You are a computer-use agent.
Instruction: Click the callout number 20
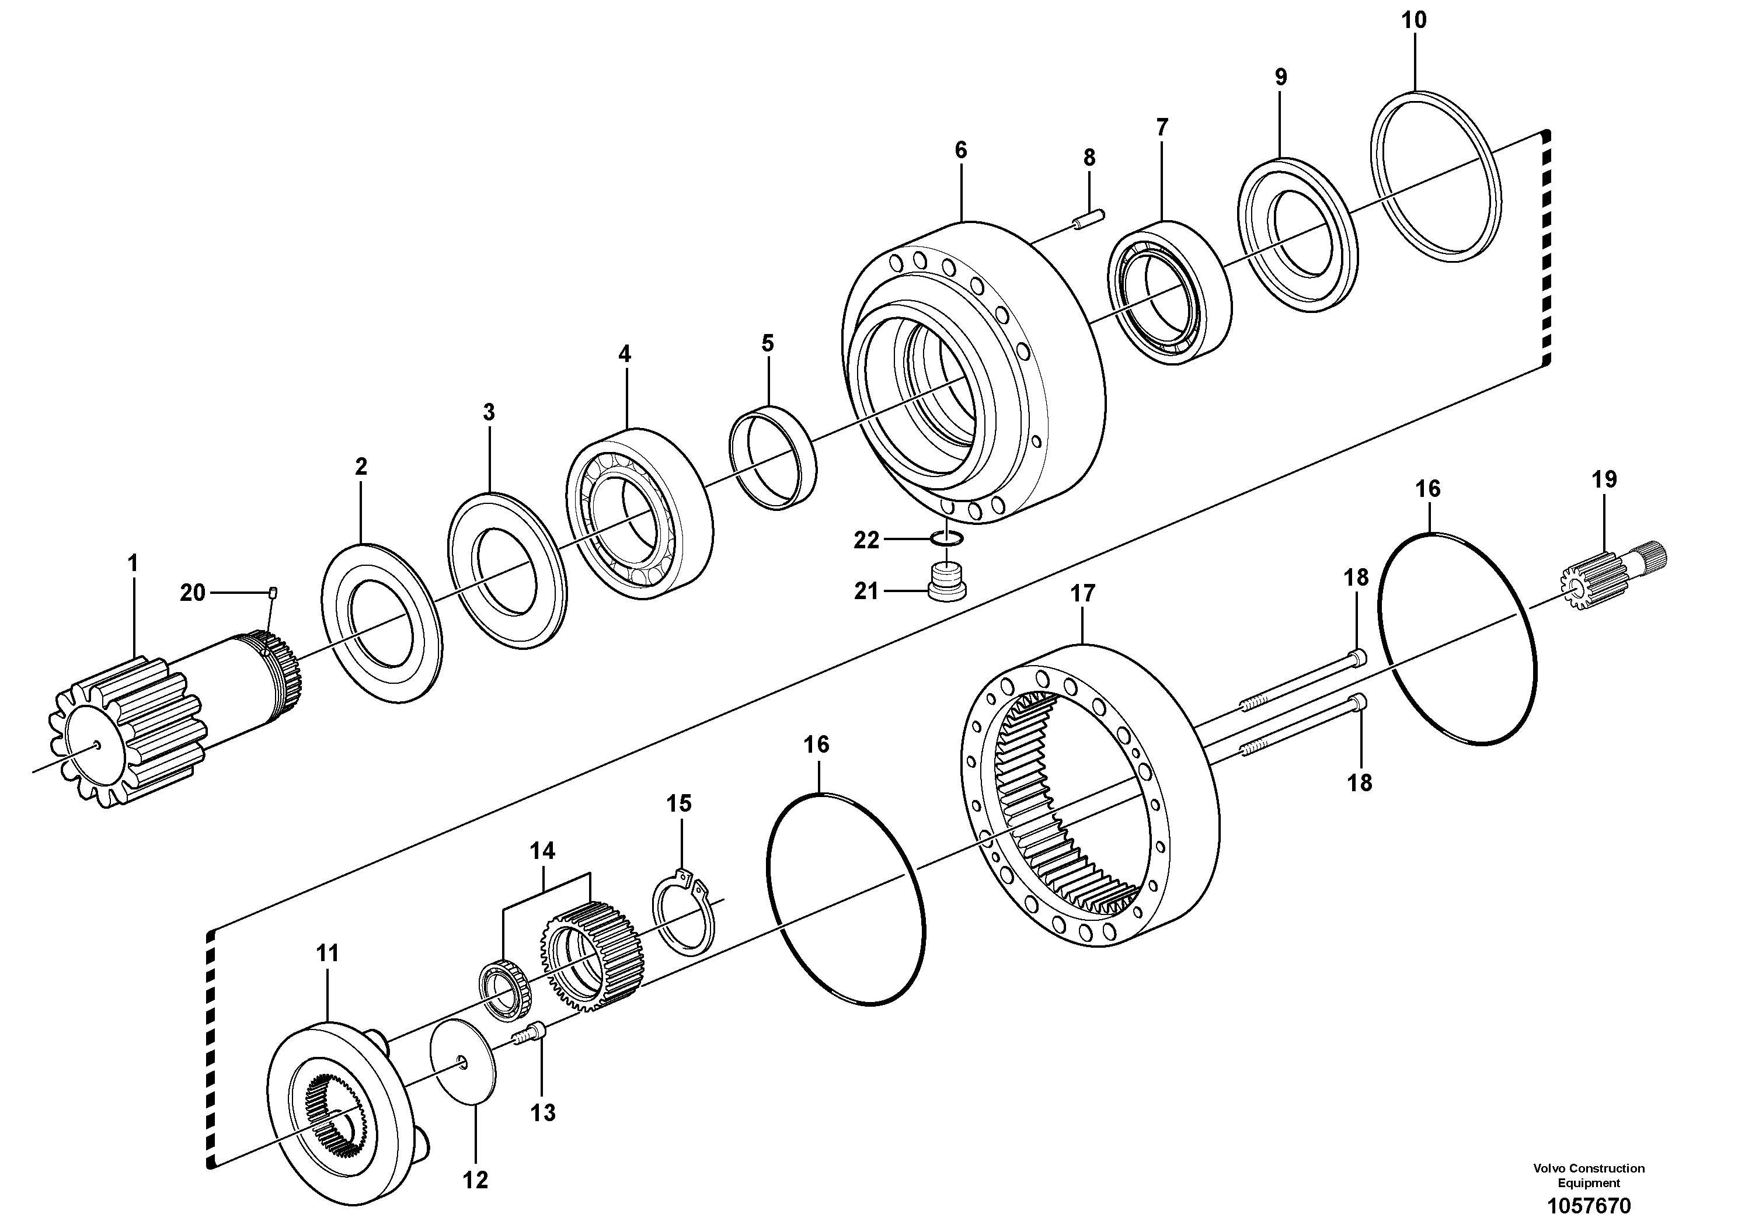[x=192, y=592]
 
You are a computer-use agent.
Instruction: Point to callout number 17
[x=1082, y=593]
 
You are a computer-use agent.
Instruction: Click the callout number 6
[x=960, y=150]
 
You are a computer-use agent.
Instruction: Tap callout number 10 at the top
[x=1414, y=20]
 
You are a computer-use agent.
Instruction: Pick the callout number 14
[x=542, y=850]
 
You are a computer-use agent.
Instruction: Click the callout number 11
[x=327, y=953]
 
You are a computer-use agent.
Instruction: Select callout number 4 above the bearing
[x=625, y=353]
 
